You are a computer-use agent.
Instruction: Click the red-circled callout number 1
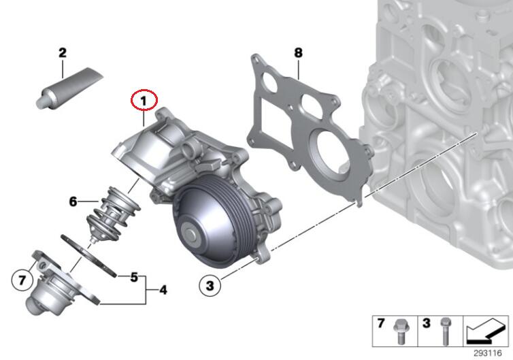[144, 101]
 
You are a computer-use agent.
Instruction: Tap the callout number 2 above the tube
[62, 53]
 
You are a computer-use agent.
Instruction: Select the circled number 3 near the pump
[210, 285]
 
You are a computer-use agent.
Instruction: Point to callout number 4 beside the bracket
[163, 290]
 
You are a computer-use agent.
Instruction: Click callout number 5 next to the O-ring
[134, 277]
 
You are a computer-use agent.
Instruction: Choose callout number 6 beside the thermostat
[73, 201]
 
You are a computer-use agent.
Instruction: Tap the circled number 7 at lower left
[22, 280]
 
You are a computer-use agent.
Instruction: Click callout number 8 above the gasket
[298, 52]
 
